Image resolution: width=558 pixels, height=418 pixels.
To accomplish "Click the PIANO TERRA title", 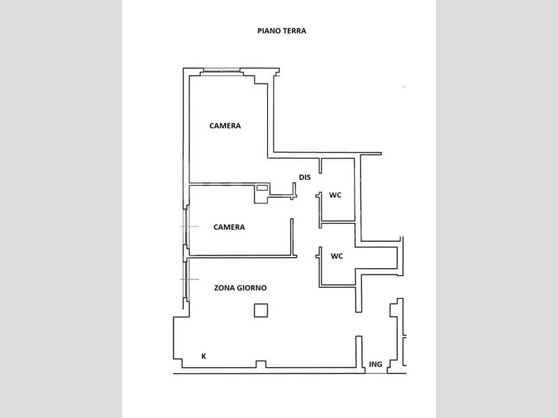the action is point(282,31).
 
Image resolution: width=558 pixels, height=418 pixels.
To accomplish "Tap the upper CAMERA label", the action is point(225,126).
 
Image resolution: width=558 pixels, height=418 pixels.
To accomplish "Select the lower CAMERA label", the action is point(229,227).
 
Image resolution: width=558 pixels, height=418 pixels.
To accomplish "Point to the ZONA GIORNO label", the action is point(240,288).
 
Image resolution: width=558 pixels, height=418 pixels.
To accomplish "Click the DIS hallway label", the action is point(305,177).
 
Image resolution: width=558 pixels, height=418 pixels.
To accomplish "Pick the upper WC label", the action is point(335,195).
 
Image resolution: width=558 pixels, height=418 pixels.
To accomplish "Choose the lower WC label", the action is point(337,256).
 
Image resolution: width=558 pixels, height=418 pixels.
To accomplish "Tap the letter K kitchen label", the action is point(204,356).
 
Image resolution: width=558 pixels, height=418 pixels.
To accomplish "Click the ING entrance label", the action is point(375,364).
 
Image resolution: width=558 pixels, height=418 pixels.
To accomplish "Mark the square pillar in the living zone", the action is point(261,310).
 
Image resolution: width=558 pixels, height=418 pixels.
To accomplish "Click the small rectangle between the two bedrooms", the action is point(262,187).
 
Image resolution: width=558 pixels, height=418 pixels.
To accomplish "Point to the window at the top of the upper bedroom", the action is point(220,71).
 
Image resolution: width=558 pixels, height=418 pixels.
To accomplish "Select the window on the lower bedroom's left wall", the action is point(186,226).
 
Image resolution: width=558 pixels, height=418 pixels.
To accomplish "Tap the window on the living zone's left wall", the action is point(186,279).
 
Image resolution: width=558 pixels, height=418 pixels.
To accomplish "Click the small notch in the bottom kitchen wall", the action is point(261,364).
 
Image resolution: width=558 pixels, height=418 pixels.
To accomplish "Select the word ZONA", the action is point(223,288).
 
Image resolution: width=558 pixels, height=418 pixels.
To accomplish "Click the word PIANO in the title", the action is point(269,31).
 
